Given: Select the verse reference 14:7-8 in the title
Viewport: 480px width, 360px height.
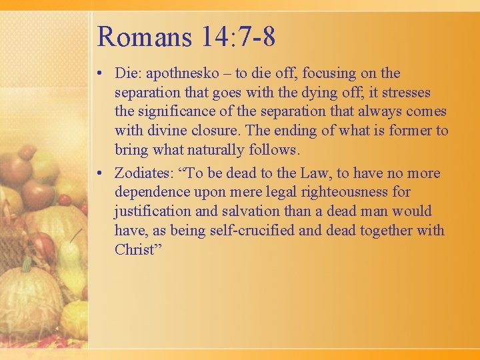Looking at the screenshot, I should [235, 37].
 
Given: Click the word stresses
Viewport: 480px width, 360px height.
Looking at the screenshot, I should [407, 93].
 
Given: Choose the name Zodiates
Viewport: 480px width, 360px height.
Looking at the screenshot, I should [141, 173].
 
